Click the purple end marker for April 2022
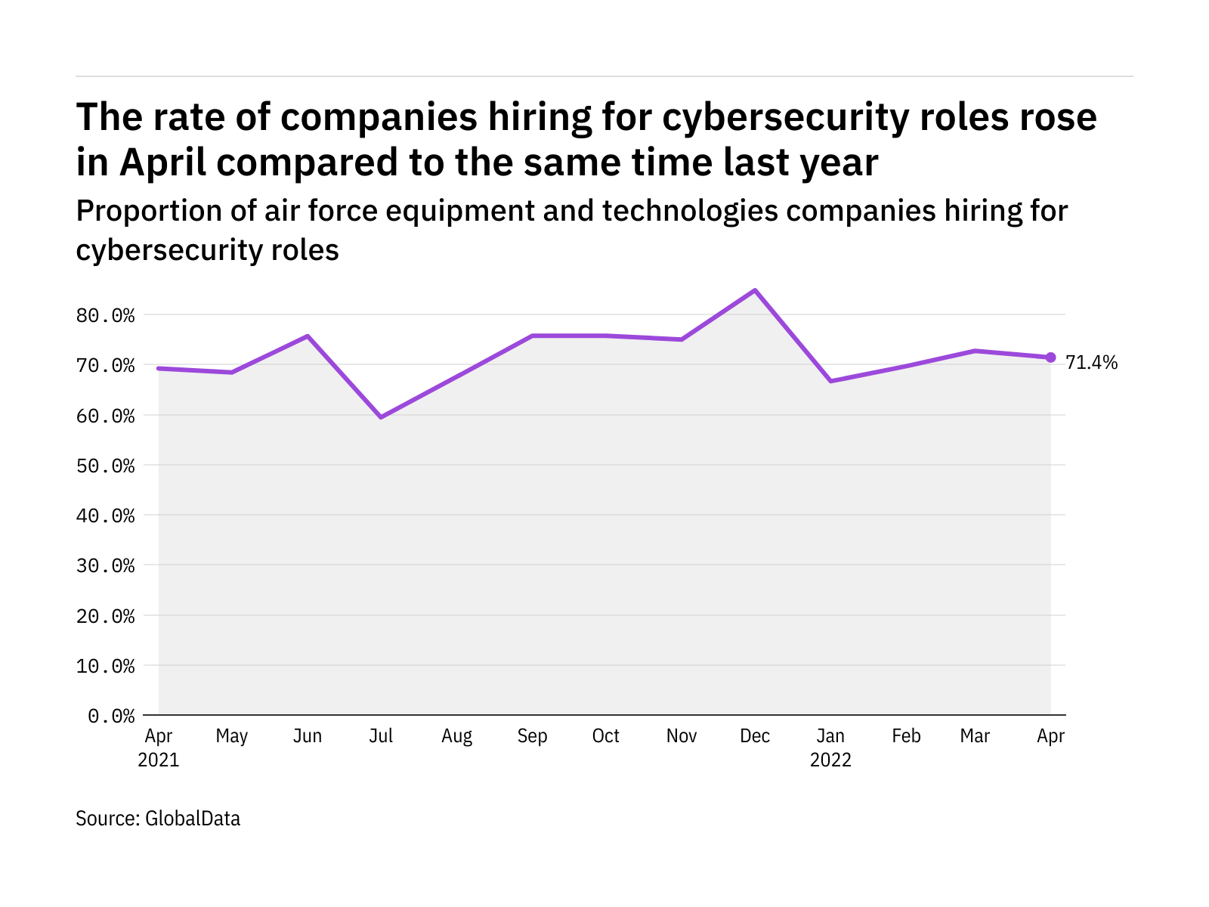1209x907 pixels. click(1050, 358)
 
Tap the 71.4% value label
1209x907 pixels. click(1091, 363)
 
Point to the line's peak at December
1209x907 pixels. click(754, 290)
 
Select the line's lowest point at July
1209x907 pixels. click(382, 417)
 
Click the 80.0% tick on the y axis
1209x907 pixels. click(105, 315)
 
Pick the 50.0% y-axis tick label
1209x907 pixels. click(105, 466)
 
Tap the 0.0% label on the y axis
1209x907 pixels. click(111, 716)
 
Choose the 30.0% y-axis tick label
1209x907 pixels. click(105, 565)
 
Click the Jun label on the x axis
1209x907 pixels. click(308, 736)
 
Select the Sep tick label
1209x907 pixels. click(532, 736)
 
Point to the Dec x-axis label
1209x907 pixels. click(755, 736)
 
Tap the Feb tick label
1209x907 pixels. click(906, 736)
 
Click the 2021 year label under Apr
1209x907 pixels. click(159, 760)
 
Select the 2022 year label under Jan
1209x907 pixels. click(830, 760)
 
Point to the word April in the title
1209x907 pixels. click(162, 163)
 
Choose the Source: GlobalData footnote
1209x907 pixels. click(158, 819)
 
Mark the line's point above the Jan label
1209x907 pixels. click(830, 381)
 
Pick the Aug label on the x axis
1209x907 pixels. click(456, 736)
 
